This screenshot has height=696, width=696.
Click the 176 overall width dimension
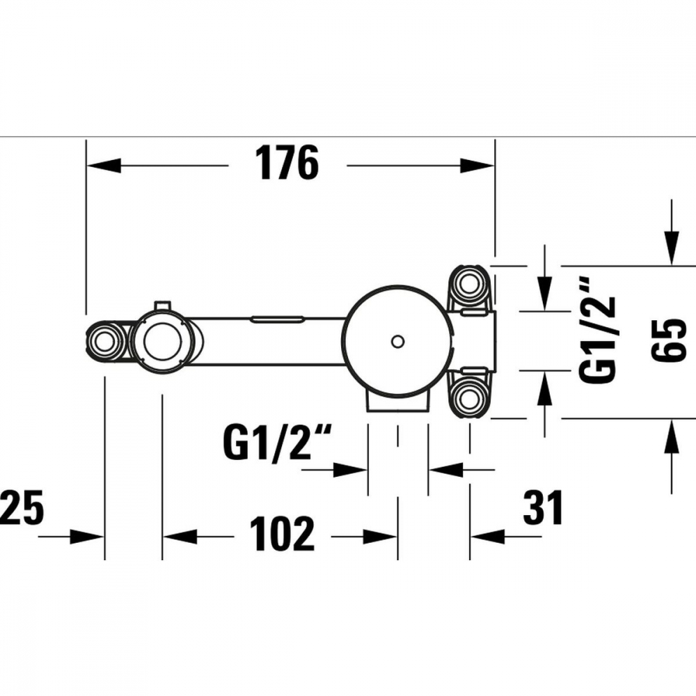click(x=286, y=165)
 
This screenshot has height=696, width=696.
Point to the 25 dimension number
click(x=22, y=507)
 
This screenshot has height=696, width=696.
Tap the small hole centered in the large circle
click(x=397, y=341)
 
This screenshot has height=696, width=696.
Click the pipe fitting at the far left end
click(x=106, y=341)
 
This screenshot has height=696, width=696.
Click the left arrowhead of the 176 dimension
click(x=102, y=166)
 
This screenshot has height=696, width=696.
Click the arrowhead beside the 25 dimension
click(x=88, y=537)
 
